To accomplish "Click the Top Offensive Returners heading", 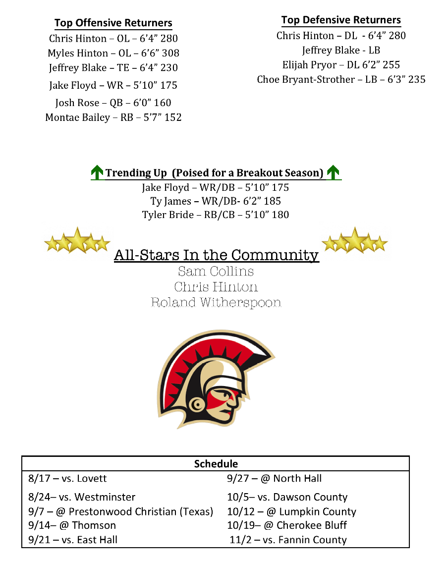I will coord(113,23).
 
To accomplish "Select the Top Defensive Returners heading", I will coord(341,20).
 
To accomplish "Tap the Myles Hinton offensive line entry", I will coord(113,53).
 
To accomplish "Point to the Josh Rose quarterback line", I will coord(113,103).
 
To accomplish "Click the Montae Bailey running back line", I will coord(113,117).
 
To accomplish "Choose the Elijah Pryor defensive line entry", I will coord(341,64).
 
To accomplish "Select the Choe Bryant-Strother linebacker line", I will coord(341,79).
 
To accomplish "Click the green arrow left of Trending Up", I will coord(97,172).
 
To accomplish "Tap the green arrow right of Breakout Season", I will coord(334,172).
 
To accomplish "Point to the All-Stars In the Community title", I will coord(216,255).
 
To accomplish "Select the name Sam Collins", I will coord(216,271).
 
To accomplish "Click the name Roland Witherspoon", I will coord(216,302).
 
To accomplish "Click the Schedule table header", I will coord(216,464).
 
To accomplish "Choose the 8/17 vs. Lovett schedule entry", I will coord(67,479).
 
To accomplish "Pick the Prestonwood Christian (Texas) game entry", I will coord(120,511).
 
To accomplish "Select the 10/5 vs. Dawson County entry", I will coord(287,497).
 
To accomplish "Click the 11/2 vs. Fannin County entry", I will coord(288,540).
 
